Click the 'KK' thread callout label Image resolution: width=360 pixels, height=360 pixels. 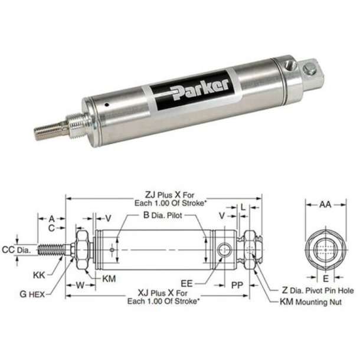tap(40, 275)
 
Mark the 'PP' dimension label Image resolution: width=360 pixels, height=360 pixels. tap(237, 284)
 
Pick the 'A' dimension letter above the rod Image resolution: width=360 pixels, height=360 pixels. tap(51, 217)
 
